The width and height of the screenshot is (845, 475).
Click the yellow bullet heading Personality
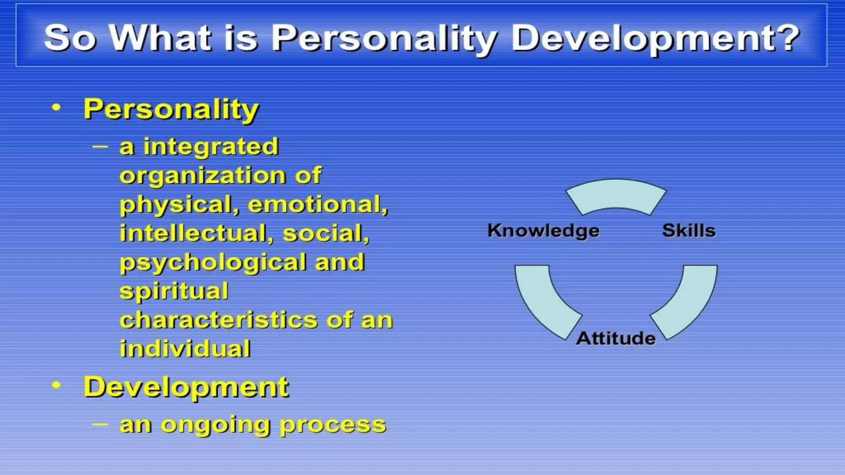pyautogui.click(x=171, y=109)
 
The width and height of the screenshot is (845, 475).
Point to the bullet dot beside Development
pyautogui.click(x=57, y=386)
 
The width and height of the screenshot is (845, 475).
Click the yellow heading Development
pyautogui.click(x=186, y=387)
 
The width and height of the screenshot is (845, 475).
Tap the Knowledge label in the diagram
pyautogui.click(x=543, y=230)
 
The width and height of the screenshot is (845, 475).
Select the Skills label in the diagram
pyautogui.click(x=689, y=230)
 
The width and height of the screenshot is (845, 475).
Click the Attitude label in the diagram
pyautogui.click(x=616, y=338)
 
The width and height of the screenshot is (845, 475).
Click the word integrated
pyautogui.click(x=211, y=147)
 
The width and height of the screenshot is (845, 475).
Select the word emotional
pyautogui.click(x=318, y=205)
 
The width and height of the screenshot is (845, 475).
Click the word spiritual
pyautogui.click(x=174, y=291)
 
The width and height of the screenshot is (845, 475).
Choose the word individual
pyautogui.click(x=185, y=349)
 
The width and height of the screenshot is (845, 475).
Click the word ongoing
pyautogui.click(x=215, y=425)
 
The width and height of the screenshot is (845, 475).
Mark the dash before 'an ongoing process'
pyautogui.click(x=100, y=423)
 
